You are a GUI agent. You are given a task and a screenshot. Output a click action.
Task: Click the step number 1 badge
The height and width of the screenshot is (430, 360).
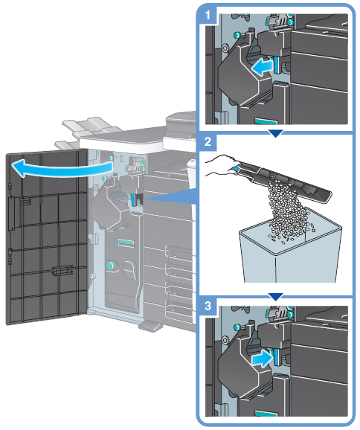pyautogui.click(x=208, y=15)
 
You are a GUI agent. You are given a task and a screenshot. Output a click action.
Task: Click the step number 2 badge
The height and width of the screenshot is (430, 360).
pyautogui.click(x=208, y=142)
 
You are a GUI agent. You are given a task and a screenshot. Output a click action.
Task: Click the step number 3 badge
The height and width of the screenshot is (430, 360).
pyautogui.click(x=208, y=305)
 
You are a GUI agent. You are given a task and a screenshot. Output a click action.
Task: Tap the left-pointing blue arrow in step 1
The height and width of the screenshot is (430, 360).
pyautogui.click(x=263, y=67)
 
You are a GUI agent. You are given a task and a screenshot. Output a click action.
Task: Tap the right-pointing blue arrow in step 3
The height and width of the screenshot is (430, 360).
pyautogui.click(x=262, y=359)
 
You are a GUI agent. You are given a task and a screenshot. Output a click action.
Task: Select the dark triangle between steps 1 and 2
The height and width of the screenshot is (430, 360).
pyautogui.click(x=275, y=133)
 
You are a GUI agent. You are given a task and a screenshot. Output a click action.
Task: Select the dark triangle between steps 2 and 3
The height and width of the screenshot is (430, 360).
pyautogui.click(x=275, y=297)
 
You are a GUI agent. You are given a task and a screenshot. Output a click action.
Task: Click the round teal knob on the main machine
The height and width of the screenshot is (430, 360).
pyautogui.click(x=111, y=265)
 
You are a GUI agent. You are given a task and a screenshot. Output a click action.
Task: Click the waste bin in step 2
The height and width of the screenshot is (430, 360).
pyautogui.click(x=291, y=251)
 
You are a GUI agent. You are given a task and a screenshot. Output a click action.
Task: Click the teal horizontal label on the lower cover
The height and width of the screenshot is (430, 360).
pyautogui.click(x=126, y=242)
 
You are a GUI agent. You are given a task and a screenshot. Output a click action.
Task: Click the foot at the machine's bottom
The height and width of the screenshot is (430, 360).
pyautogui.click(x=150, y=326)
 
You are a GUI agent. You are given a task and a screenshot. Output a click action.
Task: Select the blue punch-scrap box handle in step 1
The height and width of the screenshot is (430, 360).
pyautogui.click(x=276, y=65)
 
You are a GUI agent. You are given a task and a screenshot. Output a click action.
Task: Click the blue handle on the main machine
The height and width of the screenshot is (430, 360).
pyautogui.click(x=134, y=200)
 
